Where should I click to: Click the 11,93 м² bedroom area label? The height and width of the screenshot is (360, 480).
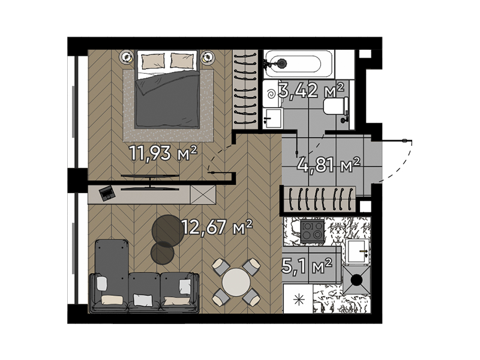pyautogui.click(x=163, y=153)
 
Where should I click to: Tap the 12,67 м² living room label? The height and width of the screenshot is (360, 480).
pyautogui.click(x=217, y=227)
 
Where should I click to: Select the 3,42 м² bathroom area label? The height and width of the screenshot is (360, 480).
pyautogui.click(x=311, y=91)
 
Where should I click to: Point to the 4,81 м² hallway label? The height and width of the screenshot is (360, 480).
pyautogui.click(x=328, y=165)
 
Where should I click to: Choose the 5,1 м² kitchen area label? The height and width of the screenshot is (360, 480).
pyautogui.click(x=307, y=265)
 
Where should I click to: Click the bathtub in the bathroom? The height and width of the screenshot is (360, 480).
pyautogui.click(x=298, y=64)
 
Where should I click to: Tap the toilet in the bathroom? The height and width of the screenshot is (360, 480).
pyautogui.click(x=336, y=106)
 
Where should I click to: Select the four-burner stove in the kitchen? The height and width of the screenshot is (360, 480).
pyautogui.click(x=312, y=230)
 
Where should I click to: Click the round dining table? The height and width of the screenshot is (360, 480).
pyautogui.click(x=236, y=282)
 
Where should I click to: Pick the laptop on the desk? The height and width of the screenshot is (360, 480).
pyautogui.click(x=107, y=193)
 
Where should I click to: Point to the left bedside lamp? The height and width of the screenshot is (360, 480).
pyautogui.click(x=127, y=56)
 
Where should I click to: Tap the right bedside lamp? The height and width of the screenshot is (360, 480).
pyautogui.click(x=207, y=57)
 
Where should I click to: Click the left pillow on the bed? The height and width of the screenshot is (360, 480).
pyautogui.click(x=153, y=61)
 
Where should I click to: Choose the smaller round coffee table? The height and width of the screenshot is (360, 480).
pyautogui.click(x=162, y=253)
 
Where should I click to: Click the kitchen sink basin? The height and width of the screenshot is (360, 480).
pyautogui.click(x=356, y=251)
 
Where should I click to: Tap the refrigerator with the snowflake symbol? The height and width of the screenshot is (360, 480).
pyautogui.click(x=298, y=299)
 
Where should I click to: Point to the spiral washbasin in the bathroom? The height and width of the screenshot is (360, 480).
pyautogui.click(x=271, y=94)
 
